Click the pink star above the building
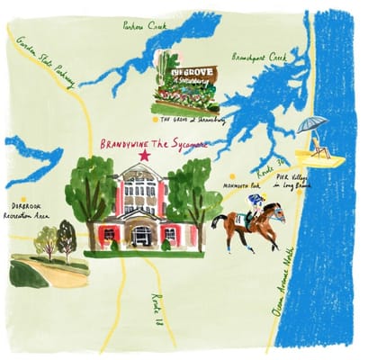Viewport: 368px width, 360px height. pos(144,156)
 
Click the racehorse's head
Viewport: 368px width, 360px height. pos(275,212)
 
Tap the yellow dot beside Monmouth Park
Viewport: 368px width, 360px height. pos(232,176)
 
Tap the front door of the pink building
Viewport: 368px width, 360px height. pos(142,236)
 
